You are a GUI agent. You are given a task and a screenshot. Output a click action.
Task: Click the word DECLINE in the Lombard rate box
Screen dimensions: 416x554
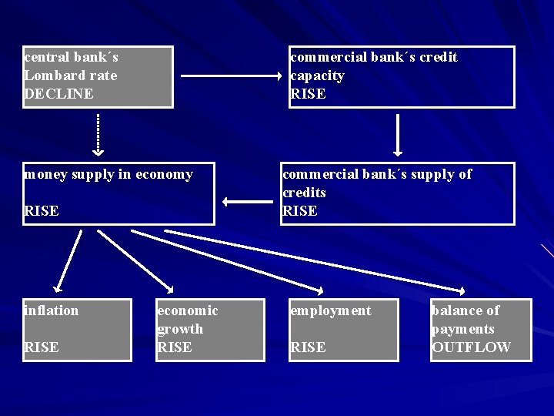(x=58, y=94)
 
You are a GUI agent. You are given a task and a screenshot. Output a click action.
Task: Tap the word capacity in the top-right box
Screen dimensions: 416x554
(x=317, y=75)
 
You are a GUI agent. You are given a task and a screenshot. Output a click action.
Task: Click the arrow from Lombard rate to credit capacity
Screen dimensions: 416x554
(x=232, y=76)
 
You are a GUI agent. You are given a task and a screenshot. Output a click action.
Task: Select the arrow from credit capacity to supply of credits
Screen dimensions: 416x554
(x=398, y=136)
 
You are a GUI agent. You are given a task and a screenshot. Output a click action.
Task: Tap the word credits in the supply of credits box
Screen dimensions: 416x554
(x=305, y=193)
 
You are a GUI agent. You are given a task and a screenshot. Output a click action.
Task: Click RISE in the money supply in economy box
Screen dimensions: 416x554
(x=42, y=211)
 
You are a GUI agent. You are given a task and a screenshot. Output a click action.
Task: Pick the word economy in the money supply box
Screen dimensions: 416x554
(x=164, y=174)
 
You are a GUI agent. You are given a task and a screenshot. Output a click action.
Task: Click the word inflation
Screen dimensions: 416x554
(x=52, y=310)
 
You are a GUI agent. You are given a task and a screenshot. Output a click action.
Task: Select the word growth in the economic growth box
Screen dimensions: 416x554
(x=180, y=329)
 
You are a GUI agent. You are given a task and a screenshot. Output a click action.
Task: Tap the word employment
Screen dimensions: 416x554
(x=330, y=310)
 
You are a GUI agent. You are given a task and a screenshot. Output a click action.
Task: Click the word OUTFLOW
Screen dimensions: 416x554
(x=471, y=347)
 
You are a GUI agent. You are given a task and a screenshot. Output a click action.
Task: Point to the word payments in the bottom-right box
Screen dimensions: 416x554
(x=463, y=329)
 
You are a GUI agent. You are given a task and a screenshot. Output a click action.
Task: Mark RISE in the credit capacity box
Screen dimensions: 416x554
(x=308, y=94)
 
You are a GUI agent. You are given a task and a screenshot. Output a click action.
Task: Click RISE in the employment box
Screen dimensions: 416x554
(x=308, y=347)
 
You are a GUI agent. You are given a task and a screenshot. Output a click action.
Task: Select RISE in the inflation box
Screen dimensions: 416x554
(x=42, y=347)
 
